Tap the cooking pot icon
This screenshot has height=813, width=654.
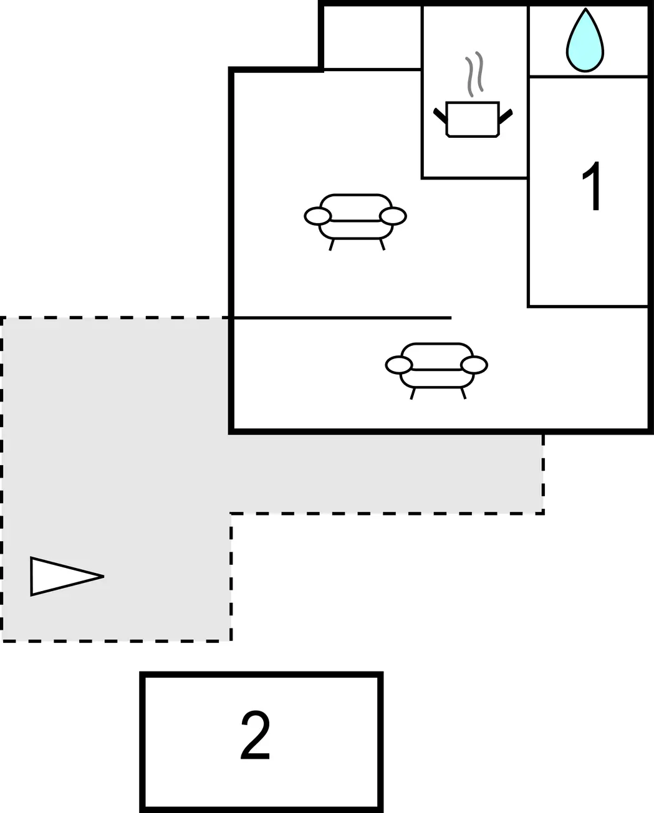click(473, 119)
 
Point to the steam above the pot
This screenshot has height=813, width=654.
click(474, 74)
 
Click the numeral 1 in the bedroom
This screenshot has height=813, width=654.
click(592, 186)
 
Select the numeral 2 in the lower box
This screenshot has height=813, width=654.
click(256, 735)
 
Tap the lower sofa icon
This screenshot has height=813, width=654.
click(437, 370)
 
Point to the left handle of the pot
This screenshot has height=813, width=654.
click(440, 115)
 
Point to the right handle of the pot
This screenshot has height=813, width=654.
click(506, 115)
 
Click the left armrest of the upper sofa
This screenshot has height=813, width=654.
click(318, 216)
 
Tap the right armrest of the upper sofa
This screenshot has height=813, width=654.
click(393, 216)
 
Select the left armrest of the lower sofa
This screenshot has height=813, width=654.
click(399, 365)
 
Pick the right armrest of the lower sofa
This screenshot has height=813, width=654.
click(474, 365)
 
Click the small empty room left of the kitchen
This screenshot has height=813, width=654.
click(373, 37)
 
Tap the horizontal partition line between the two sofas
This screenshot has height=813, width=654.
click(342, 318)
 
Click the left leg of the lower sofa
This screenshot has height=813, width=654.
click(413, 393)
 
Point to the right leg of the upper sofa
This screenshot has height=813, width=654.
click(382, 245)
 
